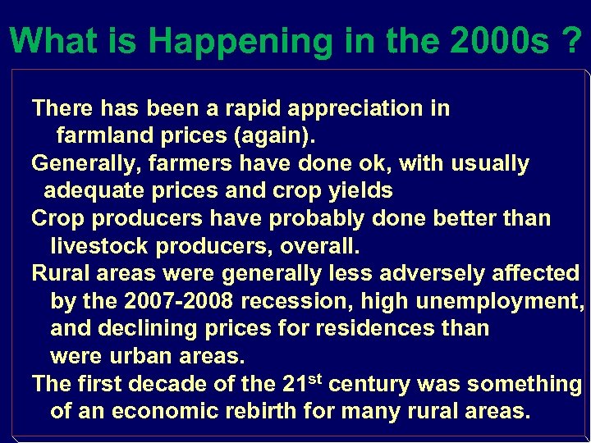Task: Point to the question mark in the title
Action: tap(574, 40)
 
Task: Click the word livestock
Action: tap(103, 246)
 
